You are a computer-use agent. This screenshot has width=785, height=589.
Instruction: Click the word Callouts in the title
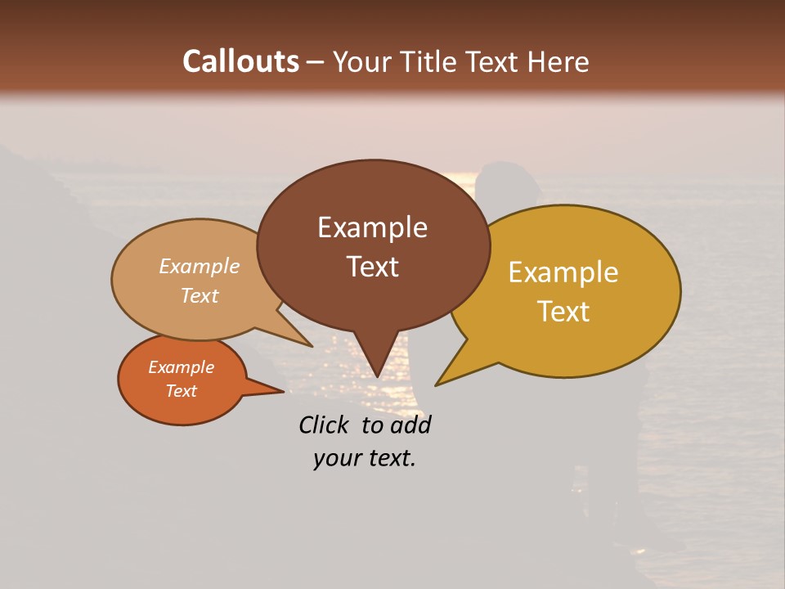pyautogui.click(x=240, y=61)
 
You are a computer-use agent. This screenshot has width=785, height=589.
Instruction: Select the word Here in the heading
pyautogui.click(x=558, y=61)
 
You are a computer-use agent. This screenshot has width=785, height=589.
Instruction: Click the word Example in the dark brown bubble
pyautogui.click(x=372, y=227)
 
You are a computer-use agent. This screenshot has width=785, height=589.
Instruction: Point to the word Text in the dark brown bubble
pyautogui.click(x=372, y=267)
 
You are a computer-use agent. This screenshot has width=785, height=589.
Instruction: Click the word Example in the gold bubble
pyautogui.click(x=563, y=272)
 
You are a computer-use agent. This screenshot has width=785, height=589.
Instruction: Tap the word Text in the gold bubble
pyautogui.click(x=563, y=312)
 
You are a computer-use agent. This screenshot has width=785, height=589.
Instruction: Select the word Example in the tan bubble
pyautogui.click(x=200, y=266)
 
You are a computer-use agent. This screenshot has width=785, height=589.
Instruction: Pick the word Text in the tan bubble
pyautogui.click(x=200, y=295)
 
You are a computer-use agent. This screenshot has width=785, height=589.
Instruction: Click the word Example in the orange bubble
pyautogui.click(x=181, y=367)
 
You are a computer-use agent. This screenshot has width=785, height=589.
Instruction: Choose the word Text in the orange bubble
pyautogui.click(x=181, y=391)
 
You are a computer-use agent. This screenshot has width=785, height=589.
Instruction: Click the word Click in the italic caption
pyautogui.click(x=325, y=425)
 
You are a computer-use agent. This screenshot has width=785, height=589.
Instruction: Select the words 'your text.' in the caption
pyautogui.click(x=365, y=458)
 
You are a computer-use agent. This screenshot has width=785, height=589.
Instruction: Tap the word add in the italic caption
pyautogui.click(x=411, y=425)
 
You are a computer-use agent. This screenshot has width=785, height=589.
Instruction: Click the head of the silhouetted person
pyautogui.click(x=508, y=184)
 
